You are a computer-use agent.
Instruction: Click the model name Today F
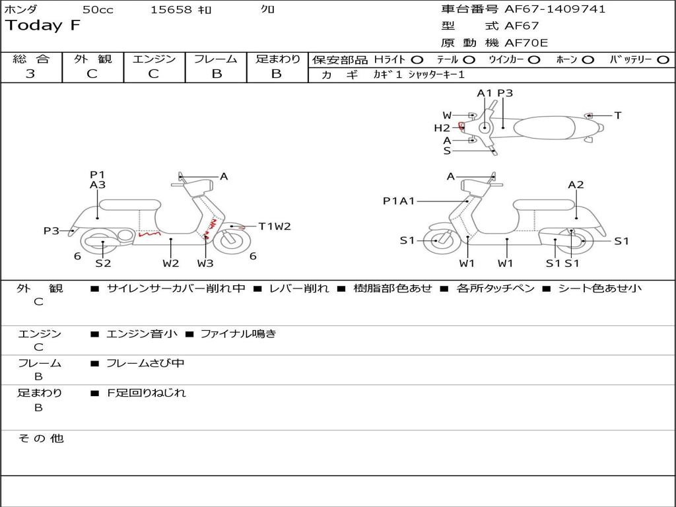[x=43, y=26]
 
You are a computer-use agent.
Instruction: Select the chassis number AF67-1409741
[x=555, y=9]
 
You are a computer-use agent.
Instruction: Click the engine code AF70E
[x=526, y=43]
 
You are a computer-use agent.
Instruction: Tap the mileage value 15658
[x=170, y=9]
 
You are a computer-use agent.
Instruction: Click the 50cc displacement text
[x=98, y=9]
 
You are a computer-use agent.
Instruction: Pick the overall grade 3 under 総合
[x=30, y=74]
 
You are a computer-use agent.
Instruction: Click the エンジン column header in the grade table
[x=154, y=59]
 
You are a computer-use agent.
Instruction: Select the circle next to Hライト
[x=417, y=60]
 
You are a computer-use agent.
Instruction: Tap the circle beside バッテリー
[x=663, y=60]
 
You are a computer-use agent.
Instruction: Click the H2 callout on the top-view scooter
[x=442, y=127]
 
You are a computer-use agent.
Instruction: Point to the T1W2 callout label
[x=275, y=226]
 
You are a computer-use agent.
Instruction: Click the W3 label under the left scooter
[x=205, y=263]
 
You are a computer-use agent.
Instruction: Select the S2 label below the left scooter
[x=103, y=263]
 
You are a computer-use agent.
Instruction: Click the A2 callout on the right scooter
[x=576, y=185]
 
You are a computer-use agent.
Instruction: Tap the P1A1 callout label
[x=399, y=201]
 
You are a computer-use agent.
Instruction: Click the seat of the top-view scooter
[x=544, y=127]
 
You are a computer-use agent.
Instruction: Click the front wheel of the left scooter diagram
[x=232, y=241]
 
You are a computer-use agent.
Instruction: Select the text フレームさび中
[x=145, y=364]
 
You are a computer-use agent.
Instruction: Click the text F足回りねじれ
[x=146, y=393]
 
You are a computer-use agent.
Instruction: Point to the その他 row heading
[x=41, y=438]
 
